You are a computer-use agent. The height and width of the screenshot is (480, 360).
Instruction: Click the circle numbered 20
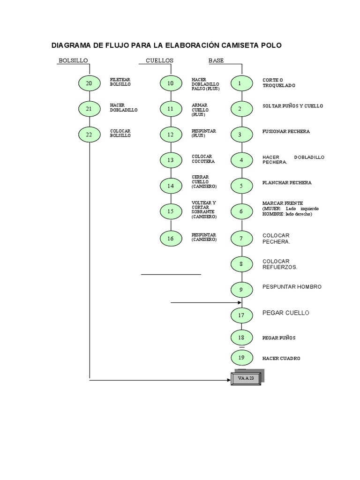pyautogui.click(x=89, y=83)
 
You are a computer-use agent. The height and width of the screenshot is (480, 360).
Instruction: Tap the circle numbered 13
pyautogui.click(x=171, y=160)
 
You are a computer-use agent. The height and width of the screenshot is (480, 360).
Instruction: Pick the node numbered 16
pyautogui.click(x=171, y=239)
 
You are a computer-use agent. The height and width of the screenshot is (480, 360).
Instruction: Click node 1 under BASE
pyautogui.click(x=240, y=83)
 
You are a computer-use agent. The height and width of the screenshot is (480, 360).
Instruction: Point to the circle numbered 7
pyautogui.click(x=241, y=239)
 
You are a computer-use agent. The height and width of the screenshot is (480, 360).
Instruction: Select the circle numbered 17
pyautogui.click(x=241, y=315)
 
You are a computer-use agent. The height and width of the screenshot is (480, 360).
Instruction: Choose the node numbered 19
pyautogui.click(x=241, y=358)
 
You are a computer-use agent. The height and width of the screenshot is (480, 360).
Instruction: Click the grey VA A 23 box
pyautogui.click(x=246, y=378)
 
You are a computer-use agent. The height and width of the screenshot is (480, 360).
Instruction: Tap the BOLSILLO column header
pyautogui.click(x=73, y=60)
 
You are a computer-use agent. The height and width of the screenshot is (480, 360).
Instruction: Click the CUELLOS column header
pyautogui.click(x=159, y=60)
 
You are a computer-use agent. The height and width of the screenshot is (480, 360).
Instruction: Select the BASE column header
pyautogui.click(x=216, y=60)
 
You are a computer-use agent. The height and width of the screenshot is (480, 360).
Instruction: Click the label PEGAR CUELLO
pyautogui.click(x=286, y=313)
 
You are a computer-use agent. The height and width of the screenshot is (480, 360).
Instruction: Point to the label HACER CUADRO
pyautogui.click(x=281, y=358)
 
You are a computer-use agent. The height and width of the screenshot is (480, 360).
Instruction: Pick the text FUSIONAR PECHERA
pyautogui.click(x=286, y=132)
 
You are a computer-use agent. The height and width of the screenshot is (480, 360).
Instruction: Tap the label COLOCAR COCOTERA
pyautogui.click(x=203, y=159)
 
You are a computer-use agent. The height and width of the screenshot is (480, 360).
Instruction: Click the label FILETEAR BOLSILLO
pyautogui.click(x=120, y=82)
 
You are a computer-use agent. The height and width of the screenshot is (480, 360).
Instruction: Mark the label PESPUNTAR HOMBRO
pyautogui.click(x=292, y=286)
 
